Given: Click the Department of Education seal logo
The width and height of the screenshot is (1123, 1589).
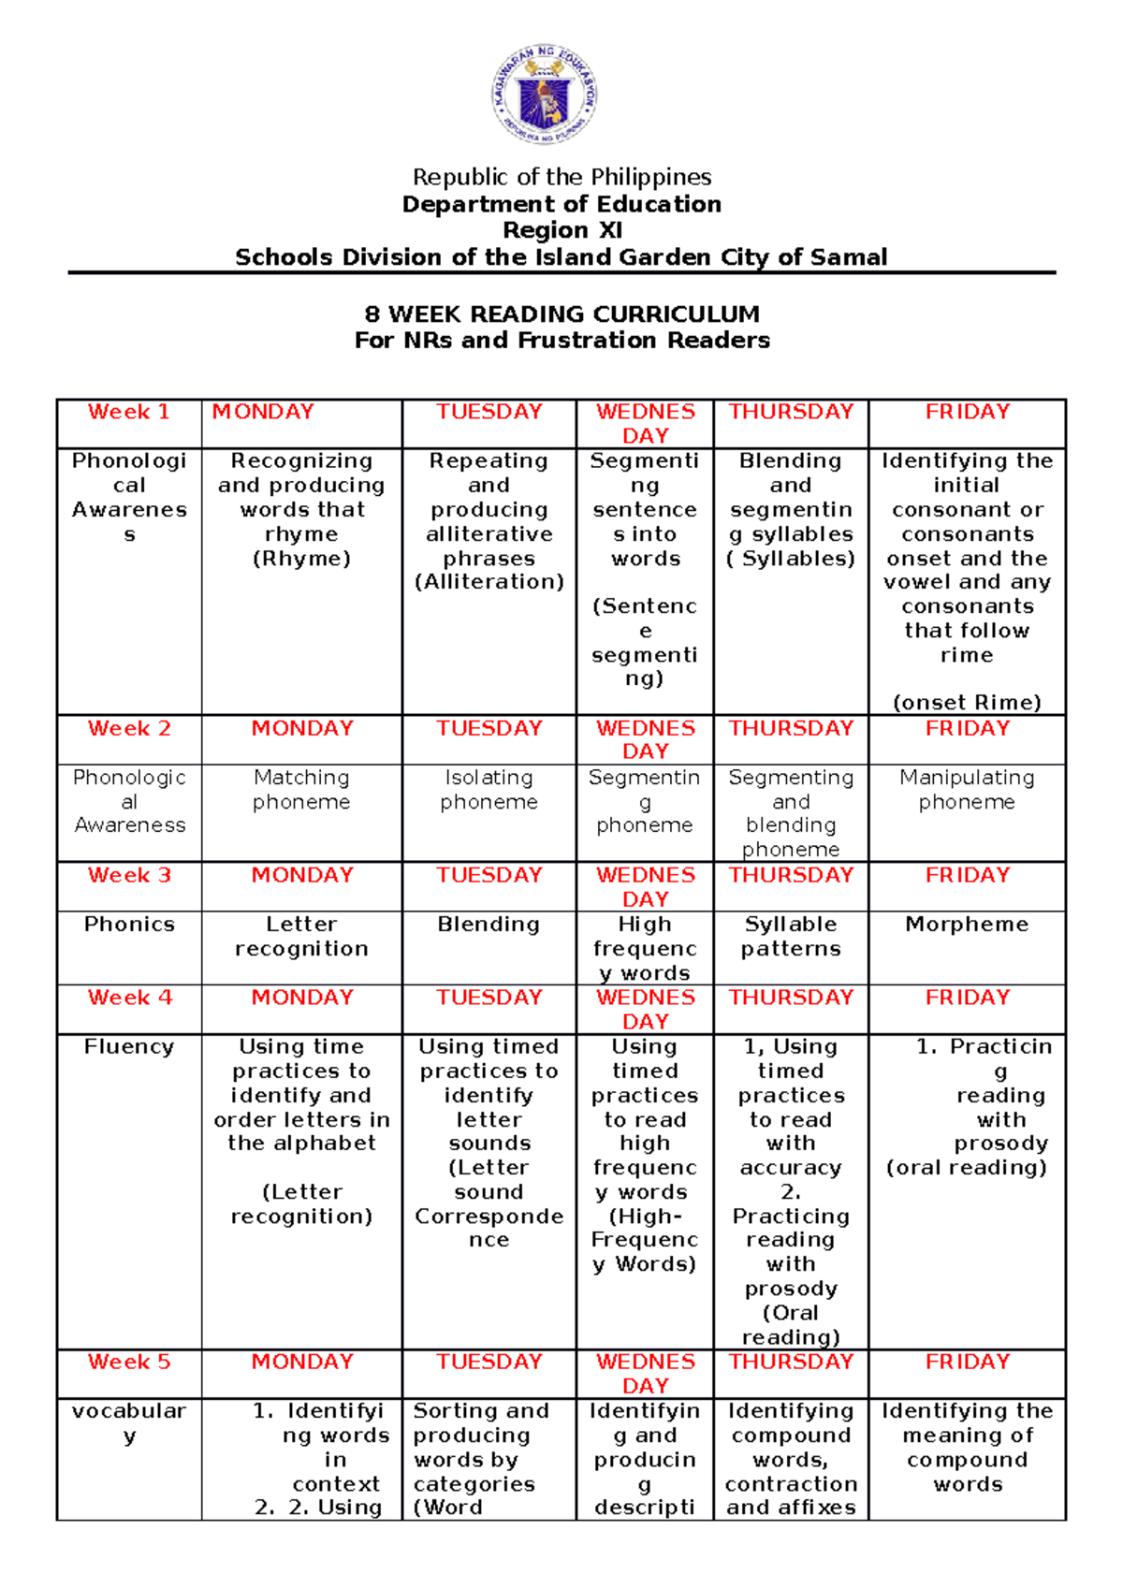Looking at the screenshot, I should pyautogui.click(x=544, y=95).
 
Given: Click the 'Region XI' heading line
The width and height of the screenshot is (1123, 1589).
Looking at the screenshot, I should pyautogui.click(x=561, y=230).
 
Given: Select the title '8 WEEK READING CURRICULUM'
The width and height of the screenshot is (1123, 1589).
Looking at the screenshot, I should pyautogui.click(x=561, y=314).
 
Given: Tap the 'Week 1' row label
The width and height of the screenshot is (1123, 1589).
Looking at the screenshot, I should pyautogui.click(x=129, y=413).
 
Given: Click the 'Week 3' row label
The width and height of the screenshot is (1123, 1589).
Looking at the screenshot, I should pyautogui.click(x=129, y=876).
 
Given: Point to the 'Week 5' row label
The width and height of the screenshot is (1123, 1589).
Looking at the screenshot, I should pyautogui.click(x=129, y=1363).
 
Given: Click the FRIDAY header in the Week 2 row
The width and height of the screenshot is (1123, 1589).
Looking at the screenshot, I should pyautogui.click(x=967, y=729).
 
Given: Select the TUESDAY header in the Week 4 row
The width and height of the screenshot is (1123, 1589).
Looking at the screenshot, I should pyautogui.click(x=489, y=999).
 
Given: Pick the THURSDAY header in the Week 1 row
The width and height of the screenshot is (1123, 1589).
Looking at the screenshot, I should pyautogui.click(x=791, y=413).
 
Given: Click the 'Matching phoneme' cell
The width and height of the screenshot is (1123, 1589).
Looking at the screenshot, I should pyautogui.click(x=301, y=790).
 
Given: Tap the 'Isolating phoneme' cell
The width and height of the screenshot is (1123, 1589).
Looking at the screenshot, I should pyautogui.click(x=489, y=790).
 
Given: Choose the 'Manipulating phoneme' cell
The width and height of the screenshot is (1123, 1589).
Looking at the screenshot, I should pyautogui.click(x=967, y=790).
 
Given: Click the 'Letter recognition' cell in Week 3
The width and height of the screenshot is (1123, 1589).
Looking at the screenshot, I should pyautogui.click(x=301, y=937).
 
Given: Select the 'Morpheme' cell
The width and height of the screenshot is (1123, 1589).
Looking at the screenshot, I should pyautogui.click(x=967, y=925).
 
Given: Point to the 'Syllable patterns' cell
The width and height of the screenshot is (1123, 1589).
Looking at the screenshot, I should pyautogui.click(x=791, y=937).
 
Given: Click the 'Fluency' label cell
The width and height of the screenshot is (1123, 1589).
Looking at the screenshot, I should pyautogui.click(x=129, y=1047).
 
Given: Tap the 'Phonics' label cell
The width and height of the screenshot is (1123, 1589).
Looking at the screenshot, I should pyautogui.click(x=129, y=925).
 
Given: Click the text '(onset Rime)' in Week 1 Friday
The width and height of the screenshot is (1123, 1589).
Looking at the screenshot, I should pyautogui.click(x=967, y=703).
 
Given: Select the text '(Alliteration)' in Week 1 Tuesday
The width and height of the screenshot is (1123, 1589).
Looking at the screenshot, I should pyautogui.click(x=489, y=582).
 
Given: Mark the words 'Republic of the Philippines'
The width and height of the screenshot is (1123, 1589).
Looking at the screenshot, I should pyautogui.click(x=561, y=177).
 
